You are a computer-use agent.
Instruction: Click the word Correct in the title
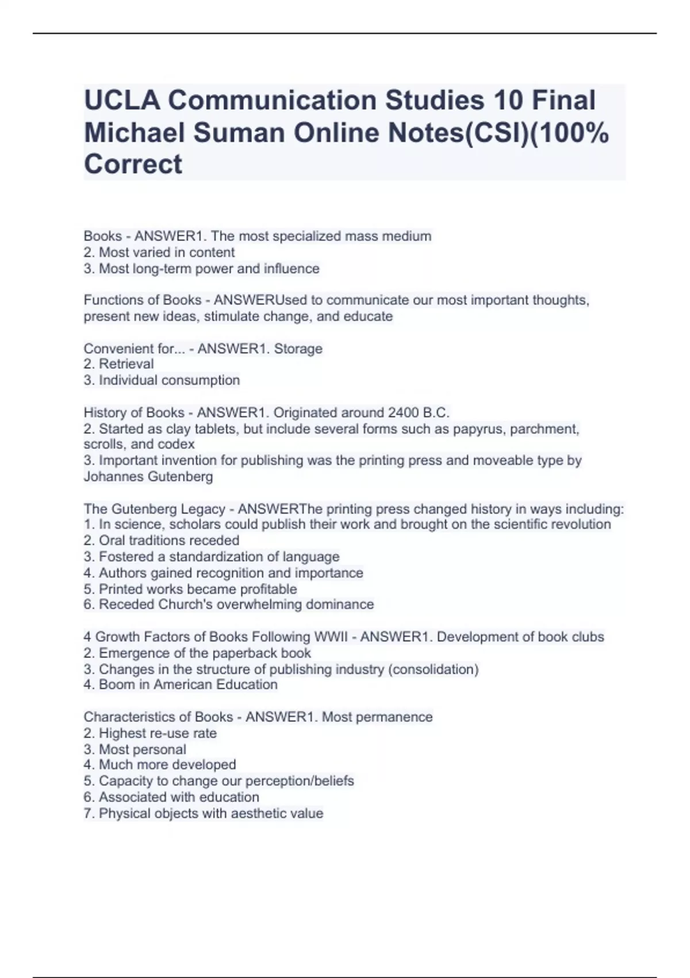pos(133,165)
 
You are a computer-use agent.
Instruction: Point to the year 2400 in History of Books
pos(404,412)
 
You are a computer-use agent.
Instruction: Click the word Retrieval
pos(126,364)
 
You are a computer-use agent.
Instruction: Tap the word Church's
pos(185,605)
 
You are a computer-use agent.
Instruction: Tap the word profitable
pos(268,589)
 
